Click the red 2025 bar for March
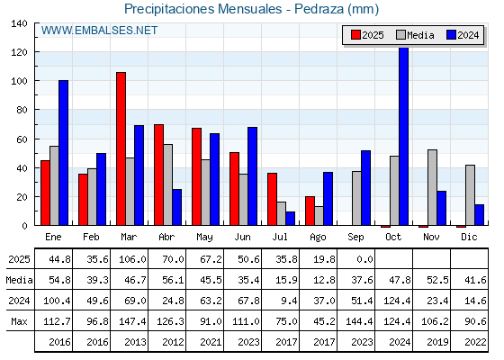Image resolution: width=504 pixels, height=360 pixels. point(121,148)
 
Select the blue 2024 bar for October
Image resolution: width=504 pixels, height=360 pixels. point(404,136)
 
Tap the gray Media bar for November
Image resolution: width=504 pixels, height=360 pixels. point(432,187)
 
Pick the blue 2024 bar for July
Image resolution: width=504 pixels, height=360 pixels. point(290,218)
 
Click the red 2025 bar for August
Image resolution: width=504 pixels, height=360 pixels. point(310,211)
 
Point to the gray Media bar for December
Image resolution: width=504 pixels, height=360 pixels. point(470,195)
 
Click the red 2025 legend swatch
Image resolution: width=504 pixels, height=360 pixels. point(355,35)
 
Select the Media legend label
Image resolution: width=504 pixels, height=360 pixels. point(420,35)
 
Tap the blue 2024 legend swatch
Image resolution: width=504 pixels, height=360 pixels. point(451,35)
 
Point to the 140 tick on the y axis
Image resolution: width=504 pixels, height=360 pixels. point(19,23)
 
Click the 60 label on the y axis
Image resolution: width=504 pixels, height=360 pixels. point(22,139)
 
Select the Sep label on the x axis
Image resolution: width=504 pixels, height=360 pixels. point(355,238)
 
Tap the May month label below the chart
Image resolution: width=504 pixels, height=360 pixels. point(204,238)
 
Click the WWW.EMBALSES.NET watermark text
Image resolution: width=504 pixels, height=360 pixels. point(99,31)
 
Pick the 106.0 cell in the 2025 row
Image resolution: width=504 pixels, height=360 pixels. point(132,259)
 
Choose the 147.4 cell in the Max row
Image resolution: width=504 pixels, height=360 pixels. point(132,321)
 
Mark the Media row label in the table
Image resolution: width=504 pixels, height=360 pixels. point(19,280)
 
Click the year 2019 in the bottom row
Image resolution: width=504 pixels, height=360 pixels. point(437,342)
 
